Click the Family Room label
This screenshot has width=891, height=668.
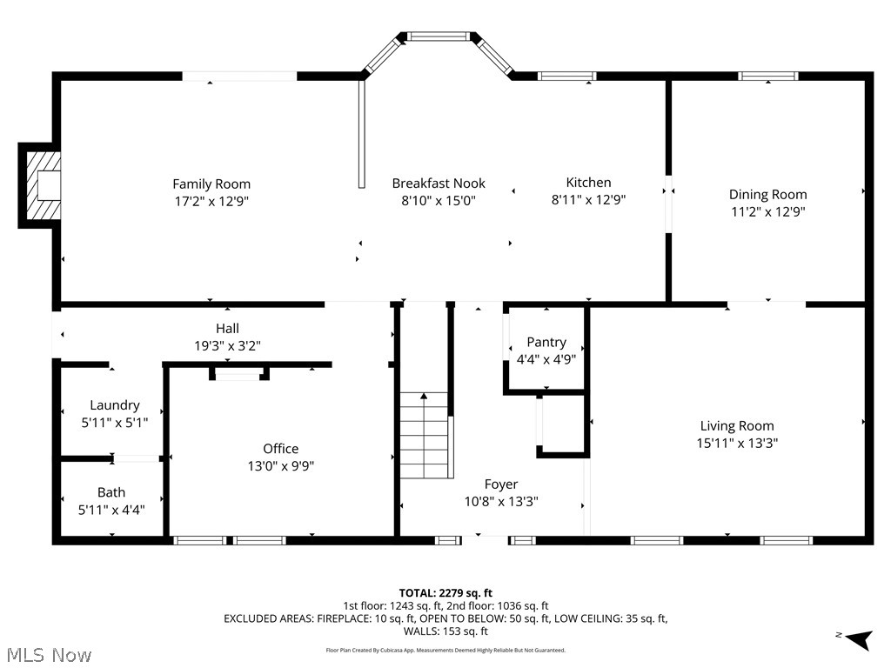211,184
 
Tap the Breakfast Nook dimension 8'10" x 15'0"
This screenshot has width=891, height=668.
439,200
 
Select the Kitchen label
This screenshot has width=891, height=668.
588,182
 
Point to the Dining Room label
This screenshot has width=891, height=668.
767,194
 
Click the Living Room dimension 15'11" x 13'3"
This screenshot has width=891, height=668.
737,442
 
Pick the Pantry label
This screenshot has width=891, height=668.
546,342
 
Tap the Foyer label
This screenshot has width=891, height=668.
501,484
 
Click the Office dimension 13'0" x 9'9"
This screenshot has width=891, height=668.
280,465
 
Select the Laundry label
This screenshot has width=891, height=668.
115,404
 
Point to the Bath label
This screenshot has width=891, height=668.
111,492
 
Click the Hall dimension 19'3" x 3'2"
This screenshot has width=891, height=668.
227,345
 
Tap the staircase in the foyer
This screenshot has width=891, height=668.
425,435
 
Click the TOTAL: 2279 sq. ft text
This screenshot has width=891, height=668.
445,593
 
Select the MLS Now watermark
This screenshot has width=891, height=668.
48,654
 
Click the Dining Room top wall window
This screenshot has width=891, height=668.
768,77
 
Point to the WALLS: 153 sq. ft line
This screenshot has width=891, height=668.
445,631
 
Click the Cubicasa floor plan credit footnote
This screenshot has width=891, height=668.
445,650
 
